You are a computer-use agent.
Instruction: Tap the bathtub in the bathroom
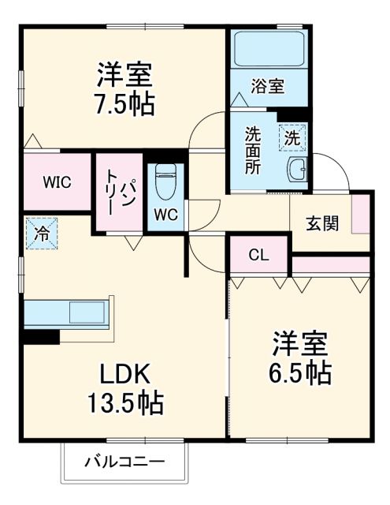point(269,50)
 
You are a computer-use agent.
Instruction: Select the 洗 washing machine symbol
point(292,137)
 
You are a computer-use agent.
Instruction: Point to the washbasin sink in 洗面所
point(297,169)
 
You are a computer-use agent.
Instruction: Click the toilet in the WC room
point(165,182)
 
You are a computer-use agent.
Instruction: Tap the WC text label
point(165,214)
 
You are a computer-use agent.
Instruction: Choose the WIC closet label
point(57,182)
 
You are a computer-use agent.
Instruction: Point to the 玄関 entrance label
point(322,223)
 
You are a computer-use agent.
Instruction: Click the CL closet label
point(258,254)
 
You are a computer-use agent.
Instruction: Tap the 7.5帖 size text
point(125,103)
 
